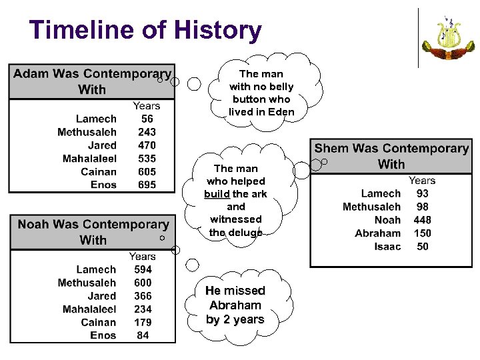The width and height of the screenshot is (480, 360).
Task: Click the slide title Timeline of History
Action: pyautogui.click(x=145, y=31)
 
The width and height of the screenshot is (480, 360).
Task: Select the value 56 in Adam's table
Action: pyautogui.click(x=147, y=119)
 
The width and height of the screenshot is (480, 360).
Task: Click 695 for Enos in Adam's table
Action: pyautogui.click(x=147, y=185)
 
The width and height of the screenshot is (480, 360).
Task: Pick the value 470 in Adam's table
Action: pyautogui.click(x=147, y=145)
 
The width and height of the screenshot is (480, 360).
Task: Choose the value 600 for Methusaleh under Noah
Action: pyautogui.click(x=143, y=283)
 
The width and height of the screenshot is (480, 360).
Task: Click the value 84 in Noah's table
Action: pyautogui.click(x=143, y=335)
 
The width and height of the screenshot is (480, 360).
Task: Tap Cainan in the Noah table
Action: pyautogui.click(x=99, y=322)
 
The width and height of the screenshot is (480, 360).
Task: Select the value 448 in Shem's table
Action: pyautogui.click(x=422, y=220)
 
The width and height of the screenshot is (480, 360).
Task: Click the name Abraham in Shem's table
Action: pyautogui.click(x=378, y=233)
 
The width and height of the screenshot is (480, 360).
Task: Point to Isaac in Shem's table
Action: pyautogui.click(x=387, y=247)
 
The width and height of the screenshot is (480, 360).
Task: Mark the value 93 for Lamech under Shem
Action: pyautogui.click(x=422, y=193)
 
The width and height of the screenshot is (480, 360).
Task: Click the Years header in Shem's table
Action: pyautogui.click(x=422, y=181)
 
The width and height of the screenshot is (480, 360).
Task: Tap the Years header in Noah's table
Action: pyautogui.click(x=142, y=257)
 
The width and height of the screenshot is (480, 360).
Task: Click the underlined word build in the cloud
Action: pyautogui.click(x=217, y=194)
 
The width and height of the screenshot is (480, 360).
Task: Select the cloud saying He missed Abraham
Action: pyautogui.click(x=235, y=305)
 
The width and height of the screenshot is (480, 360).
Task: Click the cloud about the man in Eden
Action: pyautogui.click(x=261, y=93)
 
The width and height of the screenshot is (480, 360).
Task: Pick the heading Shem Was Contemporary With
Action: pyautogui.click(x=391, y=156)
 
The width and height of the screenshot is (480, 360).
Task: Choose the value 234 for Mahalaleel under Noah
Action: pyautogui.click(x=143, y=309)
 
